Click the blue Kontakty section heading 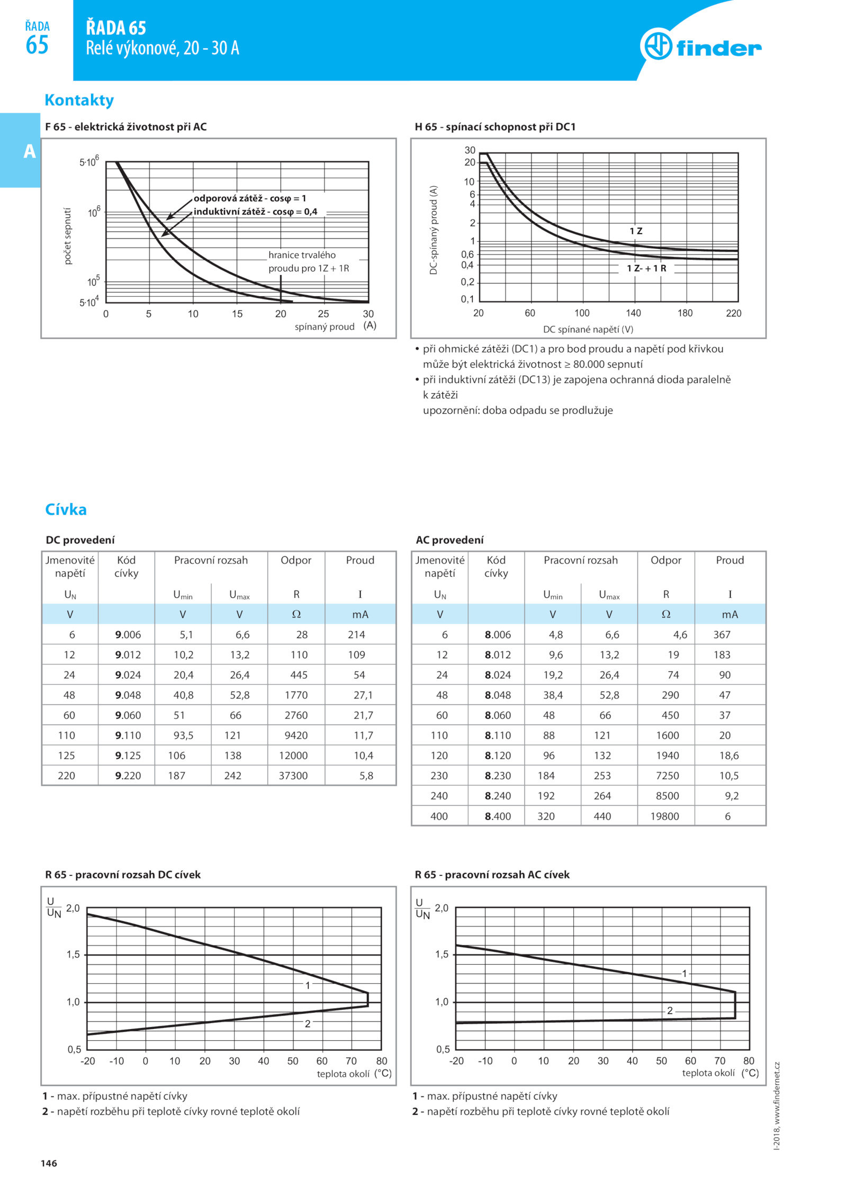tap(79, 100)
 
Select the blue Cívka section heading tap(66, 509)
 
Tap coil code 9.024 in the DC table tap(128, 675)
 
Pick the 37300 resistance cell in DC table tap(293, 776)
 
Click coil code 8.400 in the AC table tap(498, 816)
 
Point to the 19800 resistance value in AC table tap(664, 816)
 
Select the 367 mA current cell tap(722, 634)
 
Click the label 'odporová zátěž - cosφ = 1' tap(250, 198)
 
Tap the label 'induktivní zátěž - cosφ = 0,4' tap(255, 212)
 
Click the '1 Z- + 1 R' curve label tap(646, 268)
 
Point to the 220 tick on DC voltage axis tap(733, 313)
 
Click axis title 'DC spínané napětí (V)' tap(588, 329)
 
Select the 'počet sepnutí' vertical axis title tap(67, 236)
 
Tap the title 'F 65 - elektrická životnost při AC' tap(126, 127)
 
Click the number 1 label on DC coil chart tap(308, 985)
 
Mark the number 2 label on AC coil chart tap(670, 1010)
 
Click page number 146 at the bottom tap(49, 1163)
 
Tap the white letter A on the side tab tap(30, 151)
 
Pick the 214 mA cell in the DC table tap(356, 634)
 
